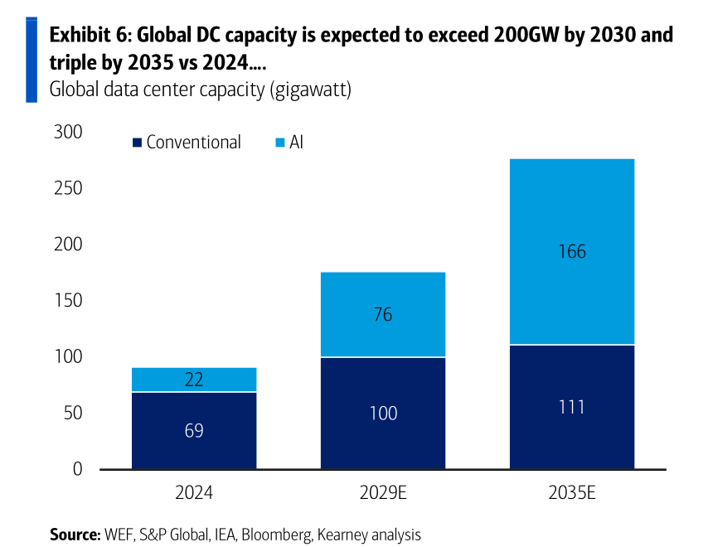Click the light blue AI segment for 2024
tap(194, 380)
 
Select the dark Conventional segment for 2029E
tap(383, 413)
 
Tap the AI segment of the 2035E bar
tap(572, 251)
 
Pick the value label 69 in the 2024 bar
tap(194, 431)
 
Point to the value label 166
tap(572, 251)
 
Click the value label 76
tap(383, 315)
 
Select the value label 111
tap(572, 407)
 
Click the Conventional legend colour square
tap(138, 143)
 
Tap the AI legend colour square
tap(280, 143)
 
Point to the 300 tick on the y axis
tap(68, 132)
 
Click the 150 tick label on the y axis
tap(68, 300)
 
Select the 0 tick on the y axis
tap(78, 469)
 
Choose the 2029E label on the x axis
tap(383, 492)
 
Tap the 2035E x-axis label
tap(572, 492)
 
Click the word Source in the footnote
tap(74, 535)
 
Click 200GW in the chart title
tap(526, 35)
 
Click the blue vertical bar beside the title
tap(32, 60)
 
